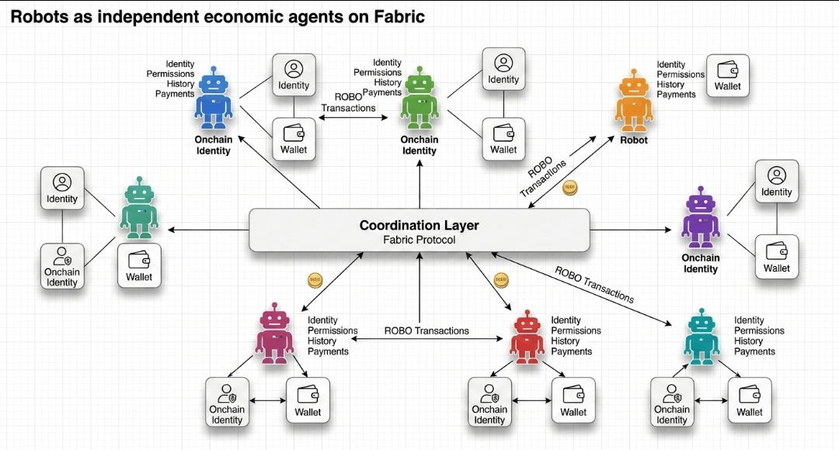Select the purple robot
(x=701, y=217)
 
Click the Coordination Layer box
(x=419, y=230)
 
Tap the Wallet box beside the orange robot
(x=728, y=76)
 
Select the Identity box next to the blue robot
(x=294, y=75)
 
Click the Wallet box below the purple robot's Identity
(x=776, y=257)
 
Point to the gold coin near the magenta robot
(x=315, y=280)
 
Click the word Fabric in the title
(x=398, y=16)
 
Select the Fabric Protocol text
(x=419, y=240)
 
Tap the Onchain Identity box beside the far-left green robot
(x=62, y=265)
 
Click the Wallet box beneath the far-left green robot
(x=139, y=265)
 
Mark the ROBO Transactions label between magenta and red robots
(x=426, y=331)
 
